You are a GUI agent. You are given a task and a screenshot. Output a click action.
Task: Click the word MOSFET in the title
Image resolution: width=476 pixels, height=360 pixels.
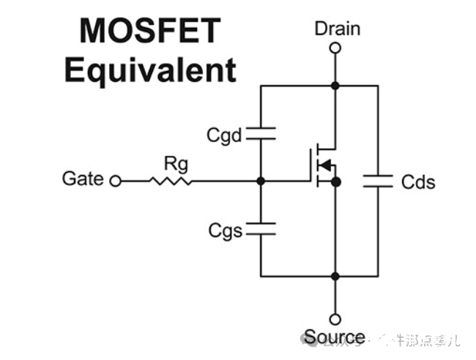(x=149, y=31)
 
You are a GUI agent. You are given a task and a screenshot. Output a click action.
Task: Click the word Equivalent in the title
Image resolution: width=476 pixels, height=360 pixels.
(x=150, y=70)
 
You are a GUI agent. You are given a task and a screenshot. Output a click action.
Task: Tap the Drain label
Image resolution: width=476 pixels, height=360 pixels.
(x=337, y=29)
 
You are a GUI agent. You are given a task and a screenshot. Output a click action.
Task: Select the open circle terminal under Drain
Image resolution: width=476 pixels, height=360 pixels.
(x=335, y=48)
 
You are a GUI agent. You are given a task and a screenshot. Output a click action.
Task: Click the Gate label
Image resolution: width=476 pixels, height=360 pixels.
(x=83, y=179)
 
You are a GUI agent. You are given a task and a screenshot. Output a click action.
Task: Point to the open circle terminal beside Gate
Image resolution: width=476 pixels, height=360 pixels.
(x=115, y=180)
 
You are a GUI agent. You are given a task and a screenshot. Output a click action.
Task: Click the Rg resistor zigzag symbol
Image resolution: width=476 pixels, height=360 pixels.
(x=170, y=180)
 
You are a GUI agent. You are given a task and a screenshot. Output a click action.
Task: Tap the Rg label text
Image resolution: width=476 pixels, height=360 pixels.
(x=175, y=163)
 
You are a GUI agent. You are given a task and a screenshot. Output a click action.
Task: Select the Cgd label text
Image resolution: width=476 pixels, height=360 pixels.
(x=224, y=135)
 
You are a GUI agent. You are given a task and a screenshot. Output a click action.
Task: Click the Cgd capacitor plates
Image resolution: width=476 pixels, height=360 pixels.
(x=261, y=133)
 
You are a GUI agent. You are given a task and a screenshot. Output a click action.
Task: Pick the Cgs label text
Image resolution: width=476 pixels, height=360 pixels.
(x=224, y=231)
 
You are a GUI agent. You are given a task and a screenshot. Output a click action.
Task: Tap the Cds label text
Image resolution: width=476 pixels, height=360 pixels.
(x=417, y=181)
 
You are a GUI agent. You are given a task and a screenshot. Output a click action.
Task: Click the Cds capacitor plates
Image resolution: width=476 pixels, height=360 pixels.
(x=379, y=181)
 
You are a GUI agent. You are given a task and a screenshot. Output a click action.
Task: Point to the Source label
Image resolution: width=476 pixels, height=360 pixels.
(x=335, y=337)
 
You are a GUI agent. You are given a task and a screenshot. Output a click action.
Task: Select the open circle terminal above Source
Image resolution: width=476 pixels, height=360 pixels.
(x=335, y=319)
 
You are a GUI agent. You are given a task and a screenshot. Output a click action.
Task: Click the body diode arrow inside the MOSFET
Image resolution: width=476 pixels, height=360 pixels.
(x=326, y=163)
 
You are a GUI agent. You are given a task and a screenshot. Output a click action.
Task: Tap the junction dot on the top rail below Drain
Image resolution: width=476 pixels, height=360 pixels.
(x=335, y=86)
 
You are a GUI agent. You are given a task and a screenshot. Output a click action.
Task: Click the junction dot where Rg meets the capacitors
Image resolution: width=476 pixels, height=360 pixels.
(x=261, y=180)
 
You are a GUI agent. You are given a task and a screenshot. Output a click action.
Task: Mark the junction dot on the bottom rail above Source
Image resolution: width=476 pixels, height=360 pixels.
(x=335, y=277)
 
